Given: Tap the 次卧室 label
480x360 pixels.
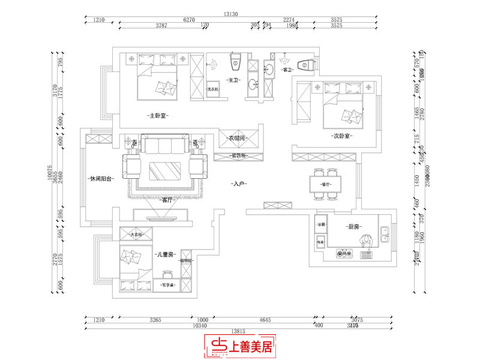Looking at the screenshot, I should pyautogui.click(x=341, y=136).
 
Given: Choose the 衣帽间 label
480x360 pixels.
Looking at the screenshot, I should pyautogui.click(x=238, y=139).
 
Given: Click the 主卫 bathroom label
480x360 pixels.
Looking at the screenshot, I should pyautogui.click(x=233, y=80).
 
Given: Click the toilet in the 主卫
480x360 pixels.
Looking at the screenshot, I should pyautogui.click(x=236, y=60).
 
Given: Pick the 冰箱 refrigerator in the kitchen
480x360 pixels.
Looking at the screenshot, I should pyautogui.click(x=320, y=224).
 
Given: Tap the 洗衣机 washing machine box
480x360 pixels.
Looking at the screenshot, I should pyautogui.click(x=212, y=89).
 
